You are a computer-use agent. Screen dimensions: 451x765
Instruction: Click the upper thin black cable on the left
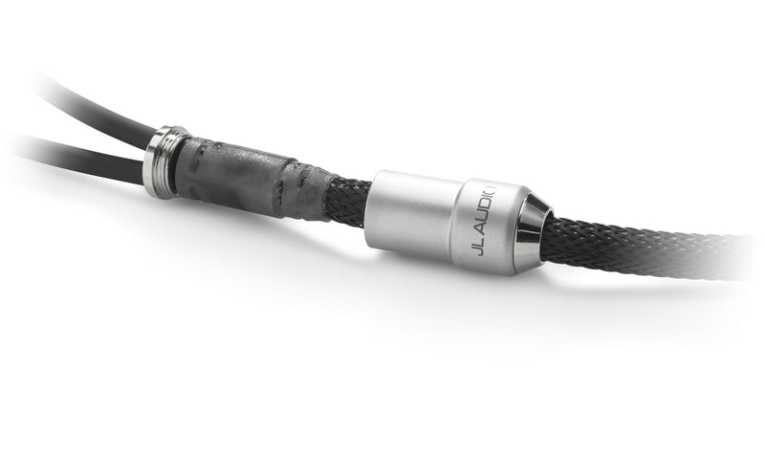(86, 105)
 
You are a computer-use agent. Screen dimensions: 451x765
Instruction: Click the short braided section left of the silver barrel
(344, 199)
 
